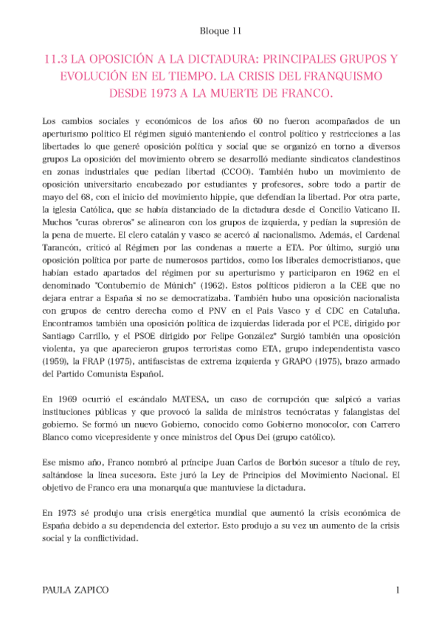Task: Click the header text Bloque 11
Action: (221, 31)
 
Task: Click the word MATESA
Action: (173, 407)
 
